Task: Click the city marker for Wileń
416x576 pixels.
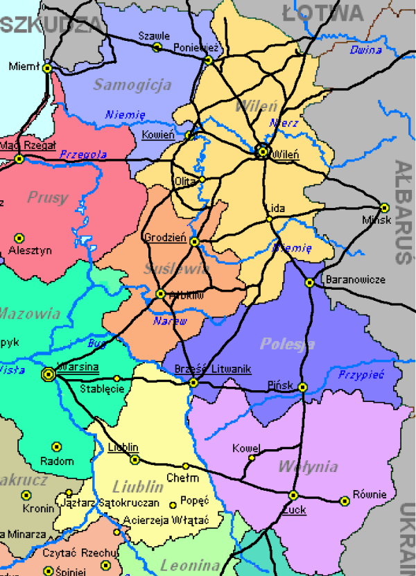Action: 263,151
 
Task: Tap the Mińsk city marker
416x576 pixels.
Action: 385,207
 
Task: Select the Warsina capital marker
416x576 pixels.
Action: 49,374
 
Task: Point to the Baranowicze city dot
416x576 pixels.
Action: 309,282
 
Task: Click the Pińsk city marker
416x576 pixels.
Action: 302,387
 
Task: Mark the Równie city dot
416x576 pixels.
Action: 345,500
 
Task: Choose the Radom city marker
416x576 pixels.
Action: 57,447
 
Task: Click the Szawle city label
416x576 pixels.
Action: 154,35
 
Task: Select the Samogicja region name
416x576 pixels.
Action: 132,85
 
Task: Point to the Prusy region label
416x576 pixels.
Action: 48,198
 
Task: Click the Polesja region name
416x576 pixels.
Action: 287,344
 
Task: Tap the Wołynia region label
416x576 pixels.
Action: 308,466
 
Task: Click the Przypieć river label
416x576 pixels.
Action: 360,374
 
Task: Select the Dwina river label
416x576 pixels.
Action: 365,50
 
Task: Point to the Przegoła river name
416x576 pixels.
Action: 83,154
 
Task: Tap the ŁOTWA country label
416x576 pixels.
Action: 323,12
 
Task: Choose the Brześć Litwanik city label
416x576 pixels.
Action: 213,369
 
